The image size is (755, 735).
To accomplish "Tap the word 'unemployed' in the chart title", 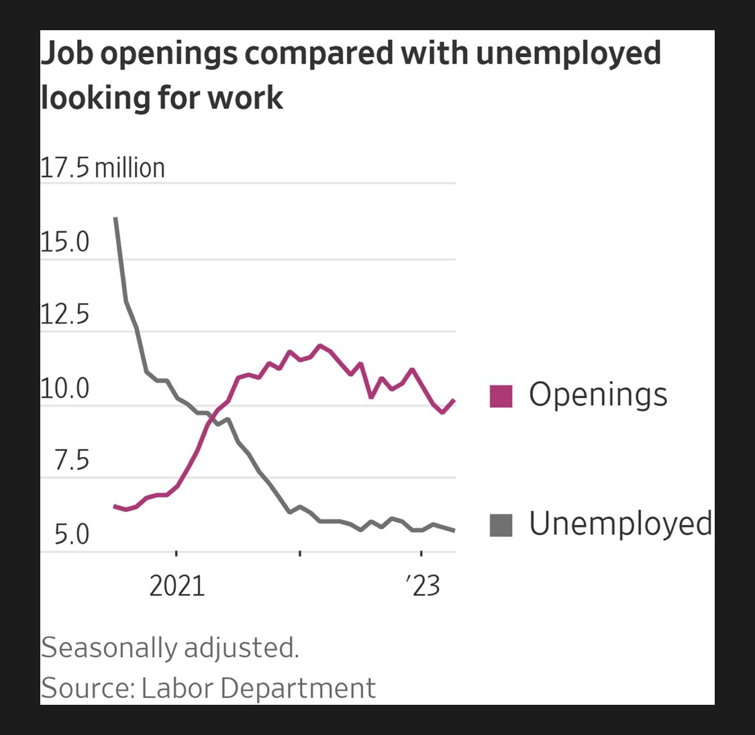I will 568,54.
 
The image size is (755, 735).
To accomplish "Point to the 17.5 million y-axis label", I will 103,168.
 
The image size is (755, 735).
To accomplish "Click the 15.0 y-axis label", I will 64,242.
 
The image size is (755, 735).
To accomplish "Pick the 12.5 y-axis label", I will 64,314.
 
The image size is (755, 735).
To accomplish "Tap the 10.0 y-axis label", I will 64,388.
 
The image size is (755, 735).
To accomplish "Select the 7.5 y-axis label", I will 71,461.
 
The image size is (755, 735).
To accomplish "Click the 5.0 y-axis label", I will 71,535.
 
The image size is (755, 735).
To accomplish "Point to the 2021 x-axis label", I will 177,586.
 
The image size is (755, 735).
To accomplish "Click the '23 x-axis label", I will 423,586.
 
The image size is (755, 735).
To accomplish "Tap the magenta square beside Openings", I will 501,396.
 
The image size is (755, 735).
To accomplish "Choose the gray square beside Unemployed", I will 501,525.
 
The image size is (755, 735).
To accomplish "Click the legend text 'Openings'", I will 598,395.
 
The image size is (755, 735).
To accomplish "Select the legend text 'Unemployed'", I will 620,524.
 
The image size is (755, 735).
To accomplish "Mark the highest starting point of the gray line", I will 115,218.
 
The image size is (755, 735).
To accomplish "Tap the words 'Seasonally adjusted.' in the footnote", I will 170,648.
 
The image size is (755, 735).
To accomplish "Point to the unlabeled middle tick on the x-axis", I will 299,554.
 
